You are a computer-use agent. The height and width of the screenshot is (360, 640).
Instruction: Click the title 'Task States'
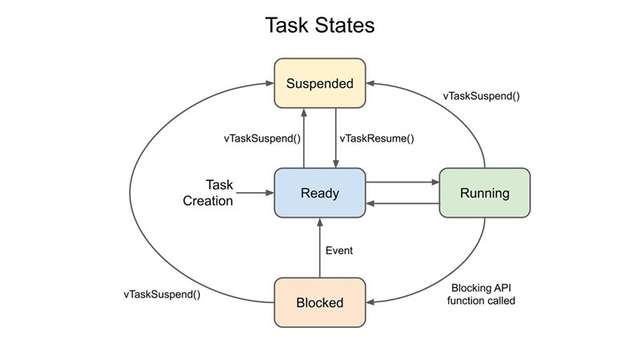coord(320,26)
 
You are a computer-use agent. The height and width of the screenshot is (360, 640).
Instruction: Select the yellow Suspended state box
coord(320,83)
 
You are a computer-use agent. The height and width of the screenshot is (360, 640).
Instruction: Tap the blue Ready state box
coord(320,193)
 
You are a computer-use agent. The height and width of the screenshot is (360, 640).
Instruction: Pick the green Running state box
coord(485,193)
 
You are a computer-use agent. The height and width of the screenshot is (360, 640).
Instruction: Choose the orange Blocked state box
coord(320,302)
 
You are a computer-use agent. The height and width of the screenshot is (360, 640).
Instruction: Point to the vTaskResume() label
coord(377,138)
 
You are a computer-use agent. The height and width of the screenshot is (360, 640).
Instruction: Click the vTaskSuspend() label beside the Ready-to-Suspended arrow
coord(262,138)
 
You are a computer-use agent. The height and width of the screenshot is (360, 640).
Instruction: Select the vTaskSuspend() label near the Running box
coord(482,96)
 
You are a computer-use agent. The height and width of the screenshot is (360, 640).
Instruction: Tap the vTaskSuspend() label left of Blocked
coord(162,294)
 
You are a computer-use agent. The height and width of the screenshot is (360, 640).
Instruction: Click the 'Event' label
coord(339,250)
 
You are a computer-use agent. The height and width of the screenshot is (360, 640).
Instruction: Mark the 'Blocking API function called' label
coord(482,294)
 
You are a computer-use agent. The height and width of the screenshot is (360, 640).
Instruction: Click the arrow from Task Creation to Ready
coord(256,193)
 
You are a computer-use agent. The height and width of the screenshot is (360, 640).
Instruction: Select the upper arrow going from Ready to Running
coord(402,182)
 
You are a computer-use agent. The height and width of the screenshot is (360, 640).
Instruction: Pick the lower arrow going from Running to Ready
coord(402,204)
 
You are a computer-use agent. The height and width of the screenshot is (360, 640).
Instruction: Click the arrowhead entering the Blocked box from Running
coord(373,302)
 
